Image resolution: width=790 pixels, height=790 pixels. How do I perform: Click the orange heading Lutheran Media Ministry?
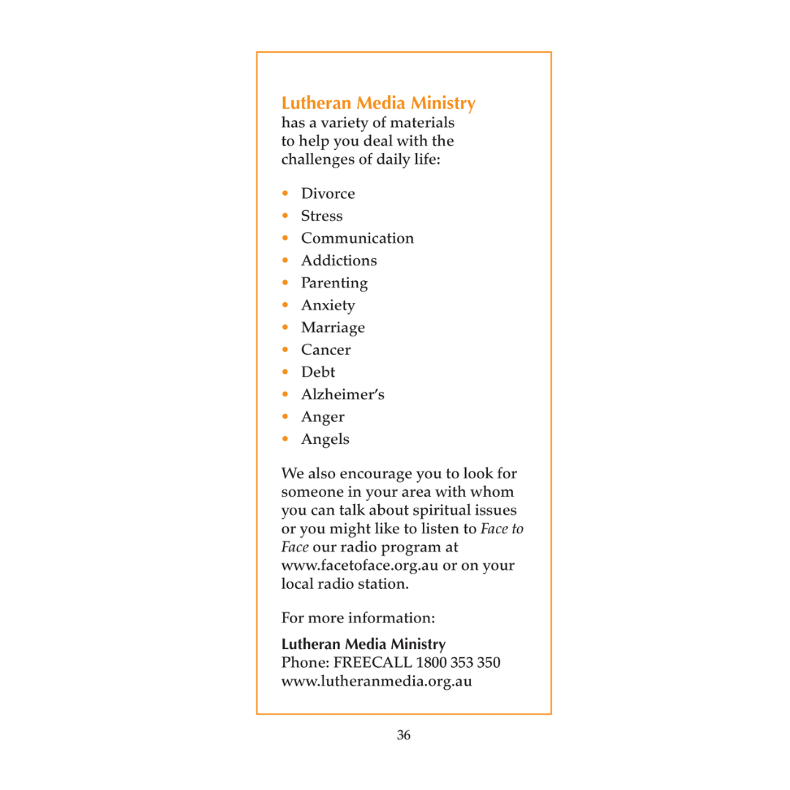[378, 103]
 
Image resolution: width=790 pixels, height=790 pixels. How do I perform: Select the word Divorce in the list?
[328, 194]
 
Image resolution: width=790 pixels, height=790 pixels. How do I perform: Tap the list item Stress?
[322, 216]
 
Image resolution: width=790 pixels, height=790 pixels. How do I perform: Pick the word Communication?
[357, 238]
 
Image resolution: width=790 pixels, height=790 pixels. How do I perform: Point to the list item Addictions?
[339, 260]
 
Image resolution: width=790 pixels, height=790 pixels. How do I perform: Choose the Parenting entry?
[334, 283]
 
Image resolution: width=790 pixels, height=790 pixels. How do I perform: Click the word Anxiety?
[328, 306]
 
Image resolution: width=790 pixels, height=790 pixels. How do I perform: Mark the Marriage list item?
[333, 328]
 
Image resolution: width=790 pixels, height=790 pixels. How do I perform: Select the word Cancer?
[326, 350]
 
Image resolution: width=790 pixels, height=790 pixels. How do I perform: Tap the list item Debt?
[318, 372]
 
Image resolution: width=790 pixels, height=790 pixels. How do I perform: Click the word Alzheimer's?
[342, 394]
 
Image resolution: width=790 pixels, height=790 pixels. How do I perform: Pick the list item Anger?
[323, 417]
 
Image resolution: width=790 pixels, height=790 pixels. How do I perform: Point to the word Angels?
[325, 439]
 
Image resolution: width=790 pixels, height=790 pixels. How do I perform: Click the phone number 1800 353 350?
[458, 663]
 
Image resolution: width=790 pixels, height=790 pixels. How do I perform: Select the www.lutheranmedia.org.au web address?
[377, 682]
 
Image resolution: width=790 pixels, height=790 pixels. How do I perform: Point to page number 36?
[404, 735]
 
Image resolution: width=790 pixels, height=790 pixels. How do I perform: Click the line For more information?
[358, 618]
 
